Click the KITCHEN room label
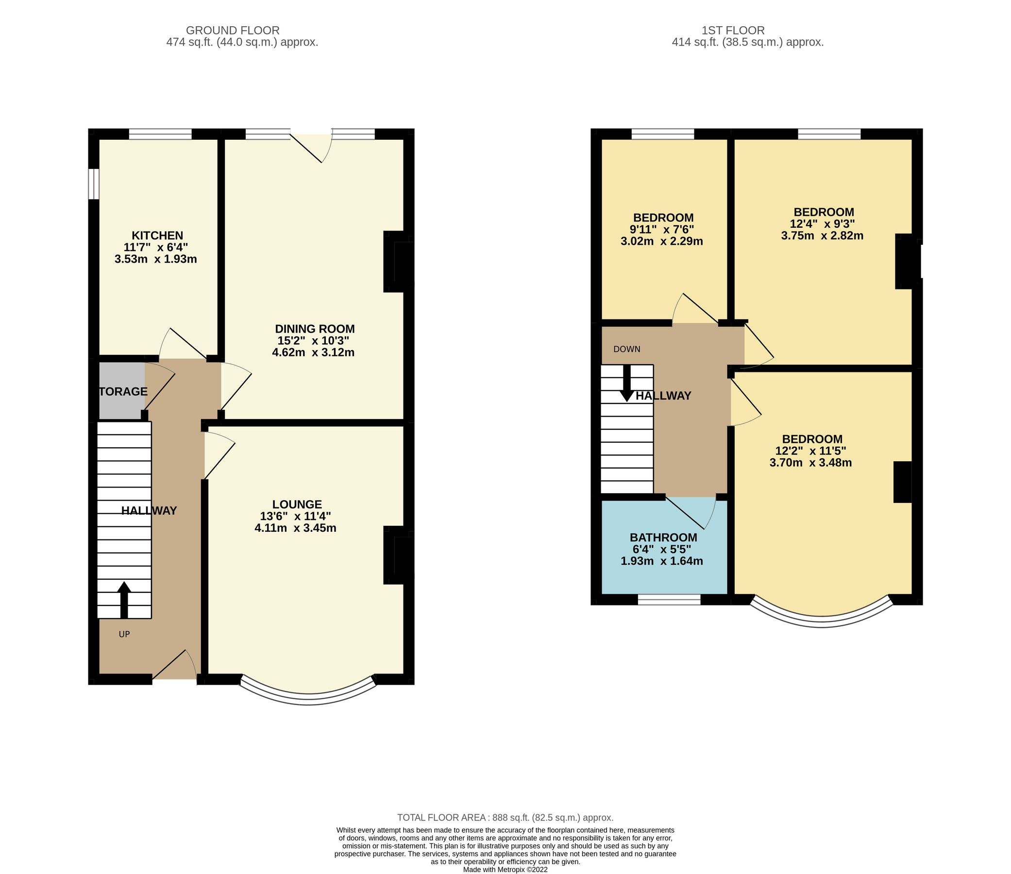click(x=157, y=235)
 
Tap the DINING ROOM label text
click(x=314, y=329)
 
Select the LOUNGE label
click(x=297, y=504)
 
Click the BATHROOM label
click(x=663, y=538)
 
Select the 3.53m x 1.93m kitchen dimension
click(x=156, y=259)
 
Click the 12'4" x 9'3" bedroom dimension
click(x=822, y=224)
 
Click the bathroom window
click(x=669, y=599)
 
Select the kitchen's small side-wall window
click(x=94, y=184)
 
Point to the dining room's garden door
click(x=311, y=145)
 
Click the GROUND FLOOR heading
click(x=233, y=31)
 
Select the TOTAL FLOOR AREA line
click(x=505, y=817)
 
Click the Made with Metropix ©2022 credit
click(x=505, y=870)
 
